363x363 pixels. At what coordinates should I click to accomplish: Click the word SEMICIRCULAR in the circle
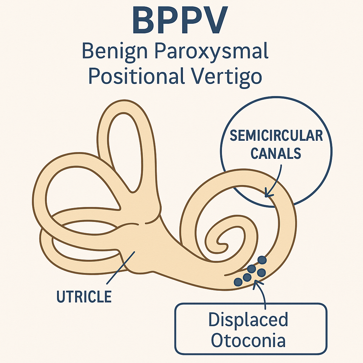[x=276, y=136]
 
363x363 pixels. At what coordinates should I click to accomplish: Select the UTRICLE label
[x=84, y=296]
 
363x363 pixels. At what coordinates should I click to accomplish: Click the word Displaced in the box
[x=248, y=320]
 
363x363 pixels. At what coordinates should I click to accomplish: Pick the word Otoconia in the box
[x=248, y=341]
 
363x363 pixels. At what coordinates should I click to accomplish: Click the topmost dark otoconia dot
[x=262, y=260]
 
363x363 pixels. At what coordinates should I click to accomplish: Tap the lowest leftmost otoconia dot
[x=239, y=282]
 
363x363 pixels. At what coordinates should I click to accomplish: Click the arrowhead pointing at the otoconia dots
[x=256, y=283]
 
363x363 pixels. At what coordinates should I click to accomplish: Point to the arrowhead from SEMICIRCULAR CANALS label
[x=268, y=194]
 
